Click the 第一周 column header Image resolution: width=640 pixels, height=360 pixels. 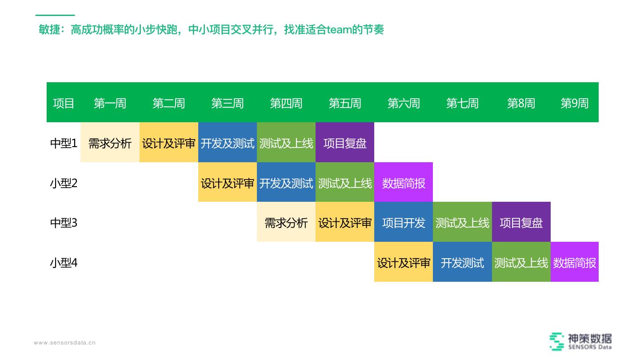(x=110, y=103)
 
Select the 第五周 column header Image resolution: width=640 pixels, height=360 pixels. (x=345, y=103)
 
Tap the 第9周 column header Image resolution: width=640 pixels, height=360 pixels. (x=574, y=103)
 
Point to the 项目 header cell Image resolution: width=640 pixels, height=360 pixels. (x=64, y=103)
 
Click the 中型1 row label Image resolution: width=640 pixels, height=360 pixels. (x=64, y=143)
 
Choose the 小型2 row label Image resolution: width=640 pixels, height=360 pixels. (x=64, y=183)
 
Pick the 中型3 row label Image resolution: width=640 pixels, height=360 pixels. (x=64, y=222)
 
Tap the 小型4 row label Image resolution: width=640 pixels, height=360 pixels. (x=64, y=263)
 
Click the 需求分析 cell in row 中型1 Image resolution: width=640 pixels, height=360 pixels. (x=110, y=143)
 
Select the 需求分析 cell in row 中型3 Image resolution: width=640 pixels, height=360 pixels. (x=286, y=222)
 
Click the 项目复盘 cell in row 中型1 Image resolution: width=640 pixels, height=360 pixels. (x=345, y=143)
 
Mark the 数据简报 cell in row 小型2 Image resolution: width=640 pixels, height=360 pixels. (x=404, y=183)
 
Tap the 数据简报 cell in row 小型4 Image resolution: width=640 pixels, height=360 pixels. (x=574, y=263)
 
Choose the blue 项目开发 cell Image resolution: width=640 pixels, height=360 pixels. (x=404, y=222)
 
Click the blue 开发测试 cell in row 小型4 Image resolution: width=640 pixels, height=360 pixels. (x=462, y=263)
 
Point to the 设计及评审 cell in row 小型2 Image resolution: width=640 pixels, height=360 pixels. (x=228, y=183)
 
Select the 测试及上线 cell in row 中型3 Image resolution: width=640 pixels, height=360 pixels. (x=462, y=222)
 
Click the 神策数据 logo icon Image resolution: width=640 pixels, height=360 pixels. (x=557, y=341)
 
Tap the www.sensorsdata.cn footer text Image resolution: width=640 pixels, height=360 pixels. (x=65, y=343)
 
